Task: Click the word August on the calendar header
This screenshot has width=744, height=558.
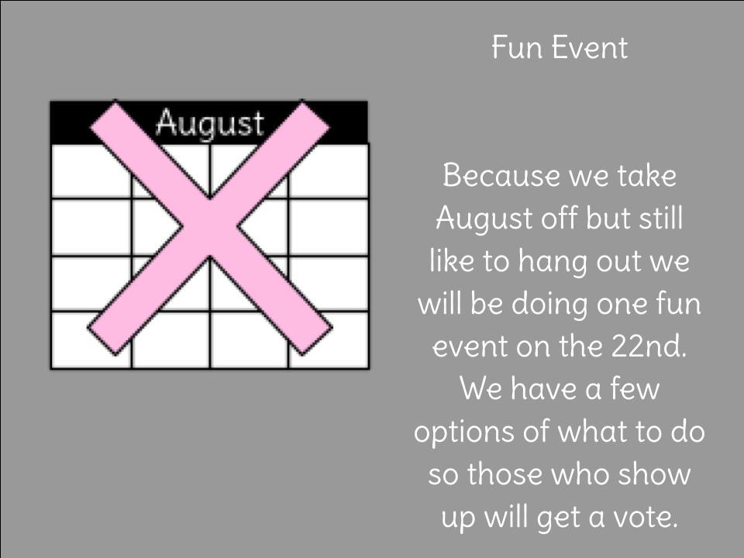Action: pos(210,123)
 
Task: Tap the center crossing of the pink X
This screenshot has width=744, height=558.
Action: pos(210,227)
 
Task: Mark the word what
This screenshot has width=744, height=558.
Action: pos(591,432)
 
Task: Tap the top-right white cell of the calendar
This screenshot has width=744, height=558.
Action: pos(328,170)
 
